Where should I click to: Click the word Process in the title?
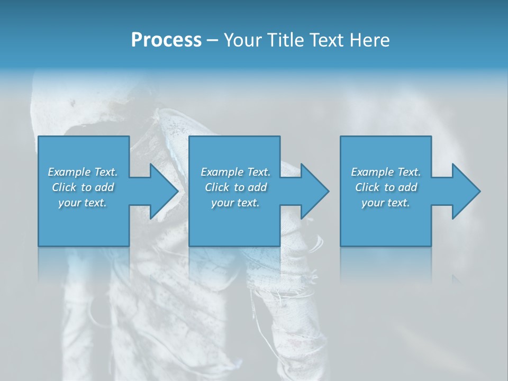click(166, 40)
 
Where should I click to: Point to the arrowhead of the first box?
click(165, 191)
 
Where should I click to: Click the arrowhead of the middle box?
click(315, 191)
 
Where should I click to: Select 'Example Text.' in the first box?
click(83, 172)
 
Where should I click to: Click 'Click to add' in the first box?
click(83, 187)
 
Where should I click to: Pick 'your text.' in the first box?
click(83, 203)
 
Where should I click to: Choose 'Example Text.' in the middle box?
click(235, 172)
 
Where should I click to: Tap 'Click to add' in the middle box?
click(235, 187)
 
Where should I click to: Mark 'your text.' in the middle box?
click(235, 203)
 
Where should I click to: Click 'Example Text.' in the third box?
click(386, 172)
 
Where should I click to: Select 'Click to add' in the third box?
click(386, 187)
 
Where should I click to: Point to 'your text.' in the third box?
click(386, 203)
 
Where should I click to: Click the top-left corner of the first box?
click(39, 137)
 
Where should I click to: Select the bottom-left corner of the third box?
click(341, 246)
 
